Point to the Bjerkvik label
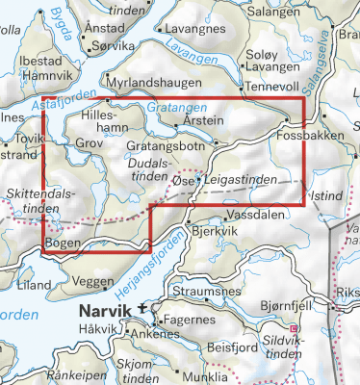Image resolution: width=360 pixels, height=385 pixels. point(214,232)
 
